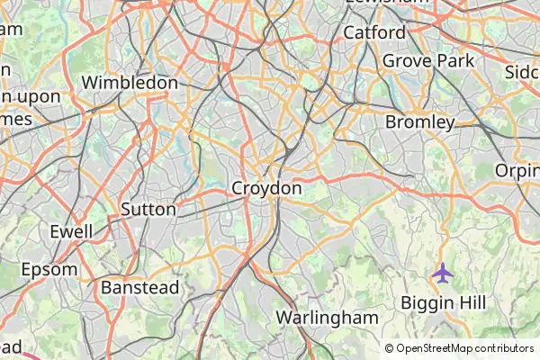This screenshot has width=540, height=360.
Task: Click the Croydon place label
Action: click(x=266, y=188)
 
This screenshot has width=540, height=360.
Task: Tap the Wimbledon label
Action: click(x=130, y=83)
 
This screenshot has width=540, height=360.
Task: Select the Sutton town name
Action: click(x=148, y=209)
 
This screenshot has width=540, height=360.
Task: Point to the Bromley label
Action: click(x=419, y=121)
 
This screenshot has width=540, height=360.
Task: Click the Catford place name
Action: click(x=374, y=32)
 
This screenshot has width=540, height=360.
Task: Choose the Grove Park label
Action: click(x=428, y=61)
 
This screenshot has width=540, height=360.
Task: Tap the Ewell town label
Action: click(x=71, y=231)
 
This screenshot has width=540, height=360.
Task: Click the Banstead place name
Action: click(x=140, y=287)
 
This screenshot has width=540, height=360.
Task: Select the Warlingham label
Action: click(x=327, y=317)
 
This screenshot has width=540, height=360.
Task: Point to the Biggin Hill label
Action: click(x=443, y=301)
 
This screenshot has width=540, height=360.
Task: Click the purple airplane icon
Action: click(x=442, y=271)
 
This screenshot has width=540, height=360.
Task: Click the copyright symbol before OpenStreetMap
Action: click(x=390, y=348)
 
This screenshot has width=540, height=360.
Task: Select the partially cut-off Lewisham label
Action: click(x=388, y=3)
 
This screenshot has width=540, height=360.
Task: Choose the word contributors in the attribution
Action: click(x=499, y=348)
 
